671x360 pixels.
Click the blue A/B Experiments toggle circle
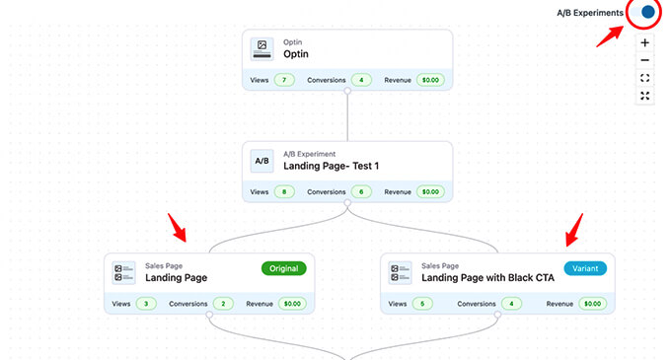[x=647, y=13]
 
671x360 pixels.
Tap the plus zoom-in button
[x=644, y=43]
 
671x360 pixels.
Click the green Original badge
[x=284, y=268]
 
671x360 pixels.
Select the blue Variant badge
[x=585, y=268]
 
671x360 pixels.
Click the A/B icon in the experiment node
[x=261, y=160]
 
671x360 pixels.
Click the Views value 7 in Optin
[x=284, y=80]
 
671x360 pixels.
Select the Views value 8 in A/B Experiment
[x=284, y=191]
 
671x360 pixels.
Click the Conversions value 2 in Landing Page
[x=223, y=304]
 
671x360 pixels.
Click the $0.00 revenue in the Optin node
[x=430, y=80]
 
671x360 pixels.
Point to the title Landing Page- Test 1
[x=325, y=166]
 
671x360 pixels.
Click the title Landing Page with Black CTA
[x=487, y=278]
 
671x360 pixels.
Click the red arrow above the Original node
[x=179, y=232]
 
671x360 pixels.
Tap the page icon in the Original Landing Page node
[x=123, y=272]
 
